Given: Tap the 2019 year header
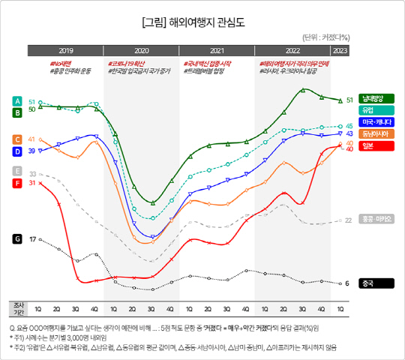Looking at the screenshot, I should tap(65, 50).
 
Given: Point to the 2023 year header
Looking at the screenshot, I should tap(339, 50).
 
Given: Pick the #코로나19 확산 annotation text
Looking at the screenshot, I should tap(126, 64).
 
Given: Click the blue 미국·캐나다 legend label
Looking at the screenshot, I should tap(376, 121).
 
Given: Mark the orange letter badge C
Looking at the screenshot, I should tap(17, 139).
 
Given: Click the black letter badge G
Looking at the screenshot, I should tap(17, 239).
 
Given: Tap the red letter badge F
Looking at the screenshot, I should tap(17, 183).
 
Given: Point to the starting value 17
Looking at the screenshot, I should tap(32, 239).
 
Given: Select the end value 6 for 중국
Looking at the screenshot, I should tap(347, 283).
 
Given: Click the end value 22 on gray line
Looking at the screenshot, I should tap(348, 220).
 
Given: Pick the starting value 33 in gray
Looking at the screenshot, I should tap(32, 174).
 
